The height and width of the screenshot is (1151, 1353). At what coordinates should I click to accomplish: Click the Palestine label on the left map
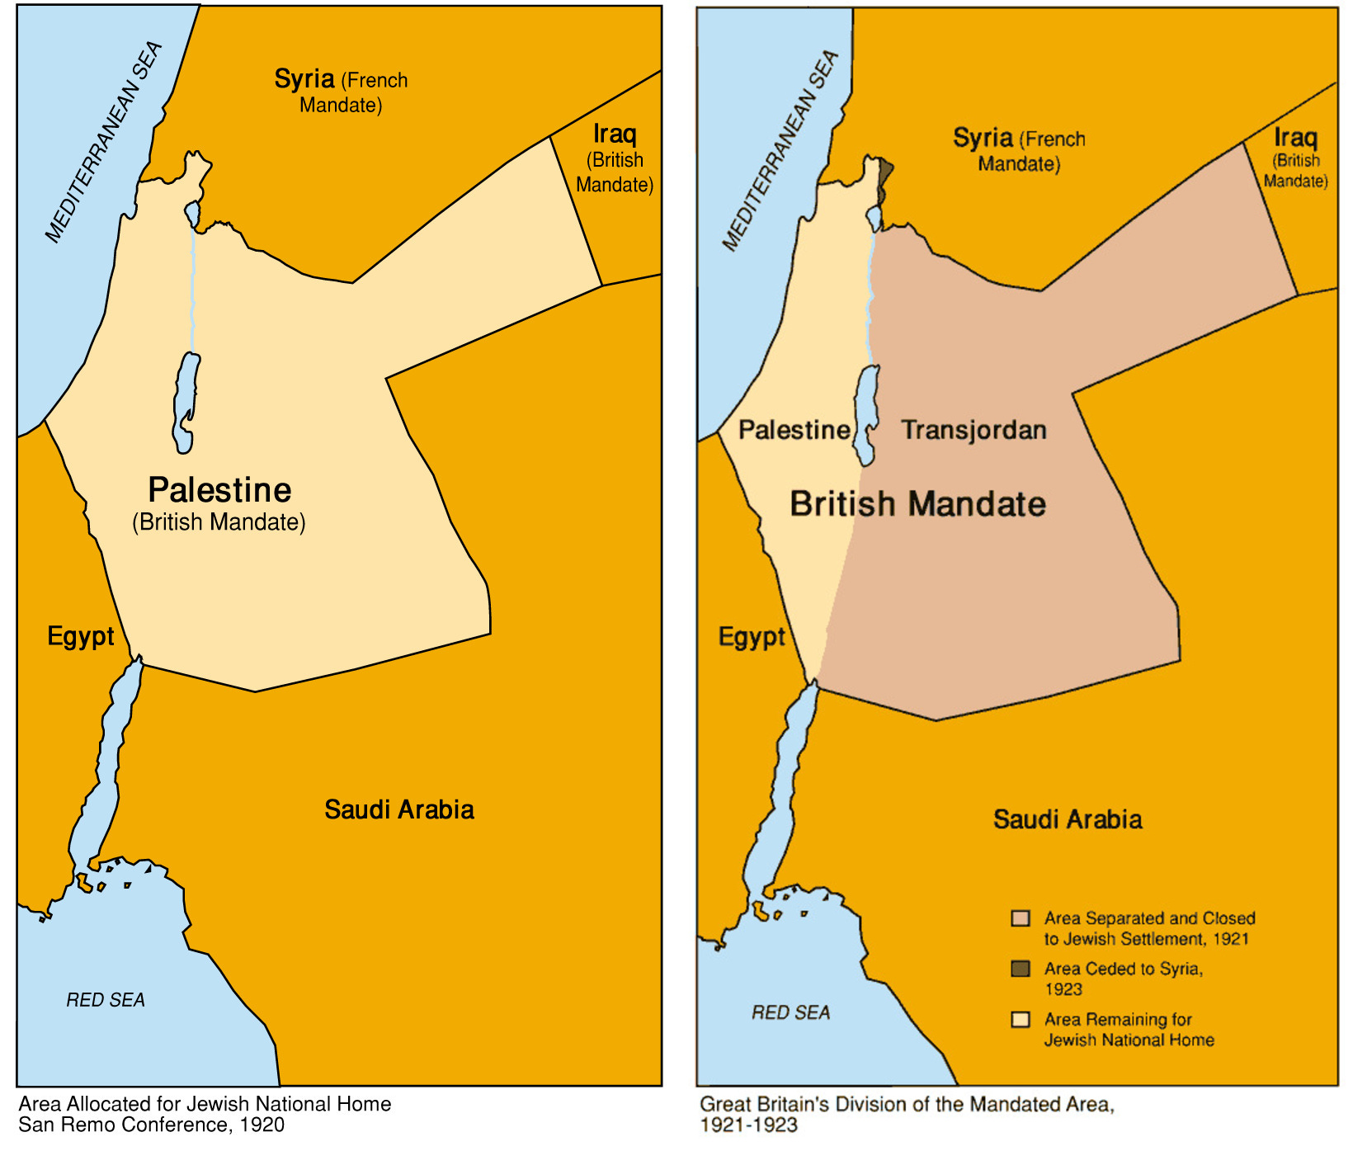[219, 490]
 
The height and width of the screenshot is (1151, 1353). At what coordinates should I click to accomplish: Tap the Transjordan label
[973, 430]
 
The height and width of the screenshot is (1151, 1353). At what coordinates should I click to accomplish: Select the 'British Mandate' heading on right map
[917, 504]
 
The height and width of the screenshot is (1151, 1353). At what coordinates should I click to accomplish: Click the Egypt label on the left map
[80, 636]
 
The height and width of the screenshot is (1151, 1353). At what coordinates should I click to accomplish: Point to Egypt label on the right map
[752, 637]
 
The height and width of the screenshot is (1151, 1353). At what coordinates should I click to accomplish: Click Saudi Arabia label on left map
[398, 809]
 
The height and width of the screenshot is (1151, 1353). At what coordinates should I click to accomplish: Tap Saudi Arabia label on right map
[1067, 819]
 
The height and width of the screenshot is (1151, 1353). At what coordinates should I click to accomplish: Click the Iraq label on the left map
[615, 134]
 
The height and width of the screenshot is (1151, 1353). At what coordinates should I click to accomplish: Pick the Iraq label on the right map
[1295, 138]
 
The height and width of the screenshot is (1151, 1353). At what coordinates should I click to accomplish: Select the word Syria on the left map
[304, 79]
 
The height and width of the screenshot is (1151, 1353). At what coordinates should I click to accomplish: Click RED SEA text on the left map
[106, 1000]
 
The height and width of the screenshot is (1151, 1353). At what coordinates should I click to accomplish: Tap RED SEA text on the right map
[790, 1012]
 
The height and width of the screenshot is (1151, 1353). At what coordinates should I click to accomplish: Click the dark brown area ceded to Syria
[884, 176]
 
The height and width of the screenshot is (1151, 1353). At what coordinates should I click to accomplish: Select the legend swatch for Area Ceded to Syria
[1021, 969]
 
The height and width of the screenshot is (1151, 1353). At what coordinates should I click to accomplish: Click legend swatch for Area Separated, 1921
[1021, 918]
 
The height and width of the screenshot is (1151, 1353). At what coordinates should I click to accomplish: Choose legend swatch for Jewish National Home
[1021, 1020]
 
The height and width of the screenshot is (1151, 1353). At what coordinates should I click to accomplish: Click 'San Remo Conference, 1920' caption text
[151, 1125]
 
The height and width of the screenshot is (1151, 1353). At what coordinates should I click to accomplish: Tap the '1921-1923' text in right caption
[748, 1125]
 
